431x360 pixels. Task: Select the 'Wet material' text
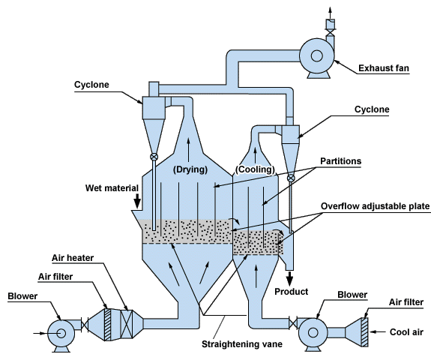click(112, 186)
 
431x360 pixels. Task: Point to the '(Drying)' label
click(189, 169)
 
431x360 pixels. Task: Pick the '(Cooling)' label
click(253, 169)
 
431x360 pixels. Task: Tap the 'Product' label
click(292, 291)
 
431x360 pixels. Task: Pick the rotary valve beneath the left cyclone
click(154, 157)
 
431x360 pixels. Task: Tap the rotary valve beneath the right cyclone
click(291, 178)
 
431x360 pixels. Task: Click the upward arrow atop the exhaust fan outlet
click(328, 9)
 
